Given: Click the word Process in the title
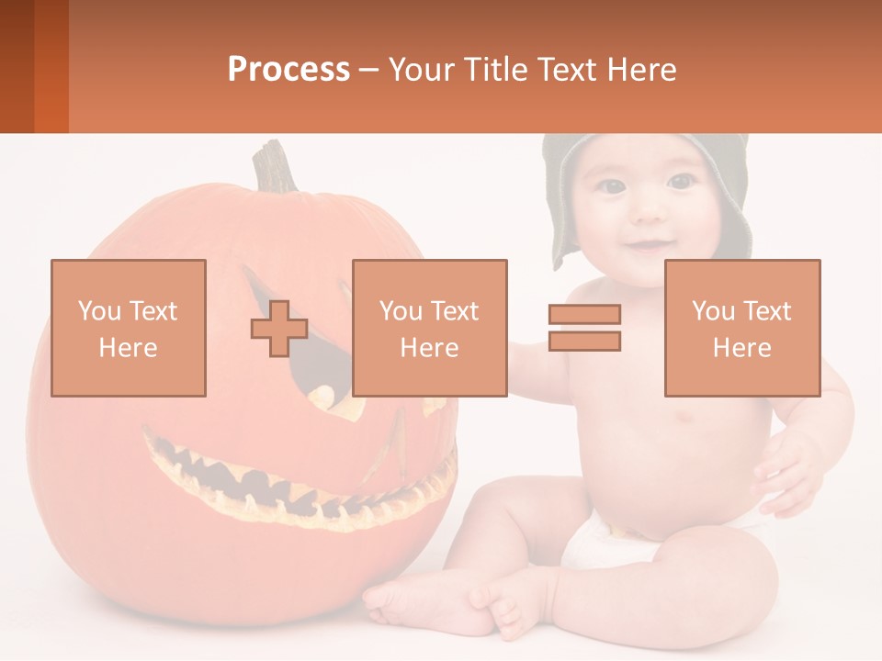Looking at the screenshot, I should pos(288,70).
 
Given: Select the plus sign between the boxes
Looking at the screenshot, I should pos(279,329).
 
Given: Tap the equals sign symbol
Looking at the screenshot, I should pos(584,328).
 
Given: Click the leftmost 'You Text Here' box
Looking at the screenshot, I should pos(129,329).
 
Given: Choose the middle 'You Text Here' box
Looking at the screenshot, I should pos(430,329).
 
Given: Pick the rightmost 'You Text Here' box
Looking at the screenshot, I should pos(742,329).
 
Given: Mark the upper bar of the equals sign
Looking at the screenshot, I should pos(584,315).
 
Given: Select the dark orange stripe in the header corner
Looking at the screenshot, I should pos(51,66).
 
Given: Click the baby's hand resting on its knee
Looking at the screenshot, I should pos(786,468).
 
